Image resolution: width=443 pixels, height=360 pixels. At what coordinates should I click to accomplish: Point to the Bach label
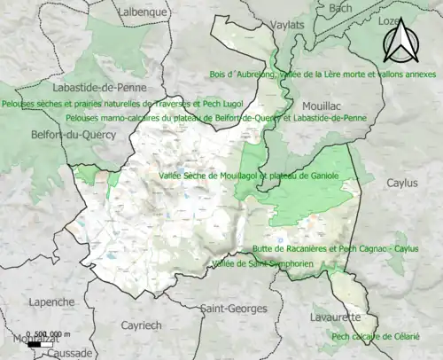(340, 8)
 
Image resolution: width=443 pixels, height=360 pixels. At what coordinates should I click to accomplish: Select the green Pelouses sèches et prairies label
(104, 104)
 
